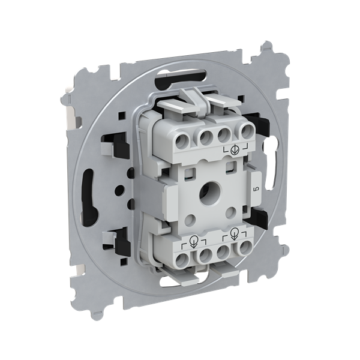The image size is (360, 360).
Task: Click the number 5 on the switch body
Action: pos(256,189)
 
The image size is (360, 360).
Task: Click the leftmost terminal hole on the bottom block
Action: pos(182,260)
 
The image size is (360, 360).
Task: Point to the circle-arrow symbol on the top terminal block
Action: pos(235,149)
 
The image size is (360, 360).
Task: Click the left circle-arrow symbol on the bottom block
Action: pos(194,242)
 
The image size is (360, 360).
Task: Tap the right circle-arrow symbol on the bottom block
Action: pos(234,234)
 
